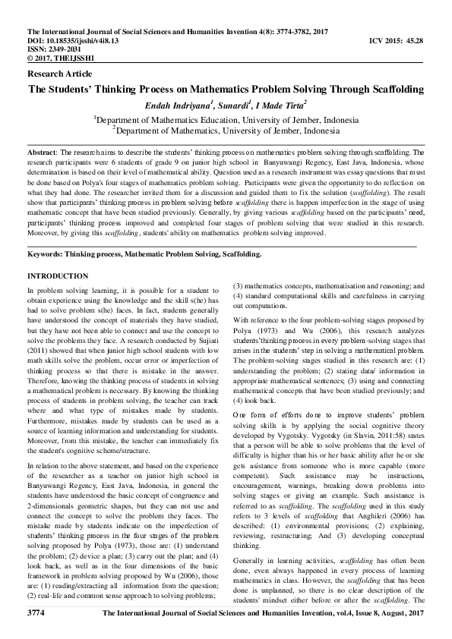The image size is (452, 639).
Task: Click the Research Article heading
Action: click(59, 74)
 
